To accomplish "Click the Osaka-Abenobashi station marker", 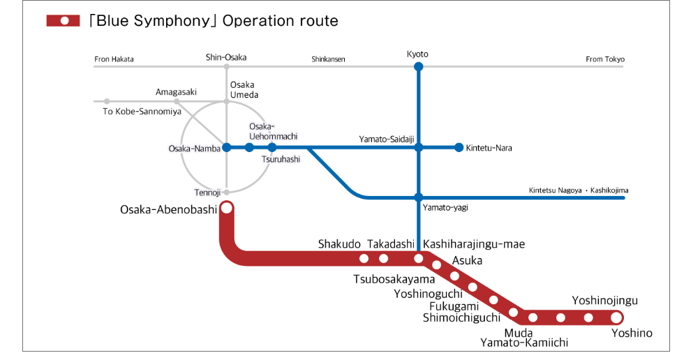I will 226,208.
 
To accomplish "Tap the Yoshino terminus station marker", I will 616,317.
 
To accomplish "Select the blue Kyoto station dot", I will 418,67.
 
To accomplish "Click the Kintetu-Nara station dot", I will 459,147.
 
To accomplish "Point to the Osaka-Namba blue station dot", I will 226,147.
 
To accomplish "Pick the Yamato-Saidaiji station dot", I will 418,147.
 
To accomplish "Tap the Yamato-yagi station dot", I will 418,197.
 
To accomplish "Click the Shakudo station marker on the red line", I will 364,259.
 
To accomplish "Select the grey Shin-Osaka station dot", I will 226,67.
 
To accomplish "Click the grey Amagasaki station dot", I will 177,101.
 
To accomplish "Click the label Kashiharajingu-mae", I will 474,244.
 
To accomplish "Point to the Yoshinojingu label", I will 604,301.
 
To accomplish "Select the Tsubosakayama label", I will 394,280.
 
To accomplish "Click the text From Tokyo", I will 605,59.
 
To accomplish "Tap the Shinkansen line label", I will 328,59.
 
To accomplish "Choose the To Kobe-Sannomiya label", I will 142,112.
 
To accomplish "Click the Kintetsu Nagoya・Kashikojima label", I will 579,190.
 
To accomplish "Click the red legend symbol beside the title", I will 64,21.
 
